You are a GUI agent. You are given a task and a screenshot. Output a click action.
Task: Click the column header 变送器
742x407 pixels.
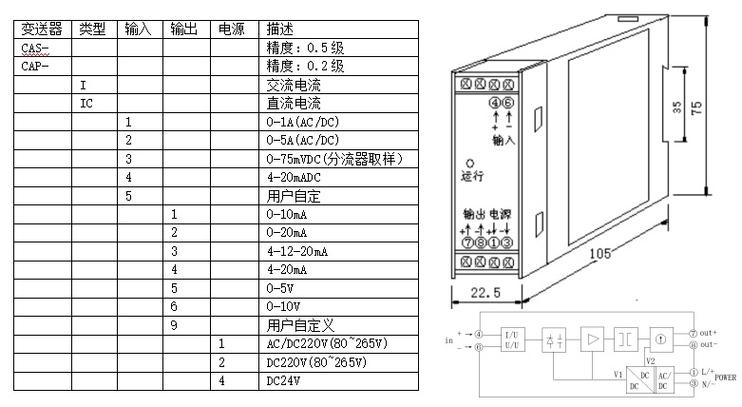[41, 29]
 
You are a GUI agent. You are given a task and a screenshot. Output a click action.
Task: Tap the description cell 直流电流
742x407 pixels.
[294, 104]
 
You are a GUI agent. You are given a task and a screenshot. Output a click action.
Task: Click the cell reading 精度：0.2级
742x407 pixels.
[305, 67]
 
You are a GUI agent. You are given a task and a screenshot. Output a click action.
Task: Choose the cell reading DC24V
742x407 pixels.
[284, 381]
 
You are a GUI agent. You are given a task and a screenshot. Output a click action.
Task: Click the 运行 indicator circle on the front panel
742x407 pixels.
[469, 162]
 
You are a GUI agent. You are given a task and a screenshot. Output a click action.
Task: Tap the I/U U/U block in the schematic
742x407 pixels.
[509, 339]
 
